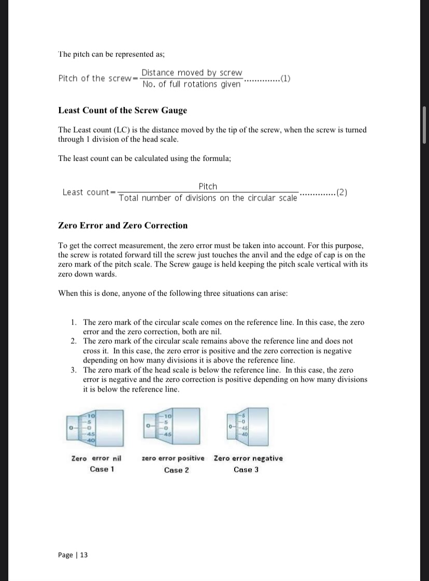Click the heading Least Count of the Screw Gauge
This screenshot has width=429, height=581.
(x=122, y=110)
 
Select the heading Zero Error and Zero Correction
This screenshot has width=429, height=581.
(x=123, y=225)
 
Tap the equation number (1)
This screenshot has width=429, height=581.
(x=285, y=79)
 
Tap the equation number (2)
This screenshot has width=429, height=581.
(x=341, y=192)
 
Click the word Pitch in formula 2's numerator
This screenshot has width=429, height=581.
(x=208, y=186)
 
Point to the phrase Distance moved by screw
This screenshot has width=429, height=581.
(x=192, y=73)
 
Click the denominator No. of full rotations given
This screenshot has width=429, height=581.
(x=191, y=84)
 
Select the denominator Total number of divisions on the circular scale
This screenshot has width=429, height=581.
(x=208, y=198)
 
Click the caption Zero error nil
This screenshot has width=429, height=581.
(x=96, y=458)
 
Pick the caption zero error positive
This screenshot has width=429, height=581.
(x=173, y=458)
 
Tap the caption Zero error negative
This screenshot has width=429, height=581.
(x=248, y=458)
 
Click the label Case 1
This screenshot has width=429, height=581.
(x=102, y=469)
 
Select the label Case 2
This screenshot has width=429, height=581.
(x=177, y=470)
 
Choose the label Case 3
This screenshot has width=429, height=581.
(x=246, y=469)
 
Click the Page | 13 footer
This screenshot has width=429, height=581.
(x=73, y=555)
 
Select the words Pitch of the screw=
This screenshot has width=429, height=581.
(x=97, y=78)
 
